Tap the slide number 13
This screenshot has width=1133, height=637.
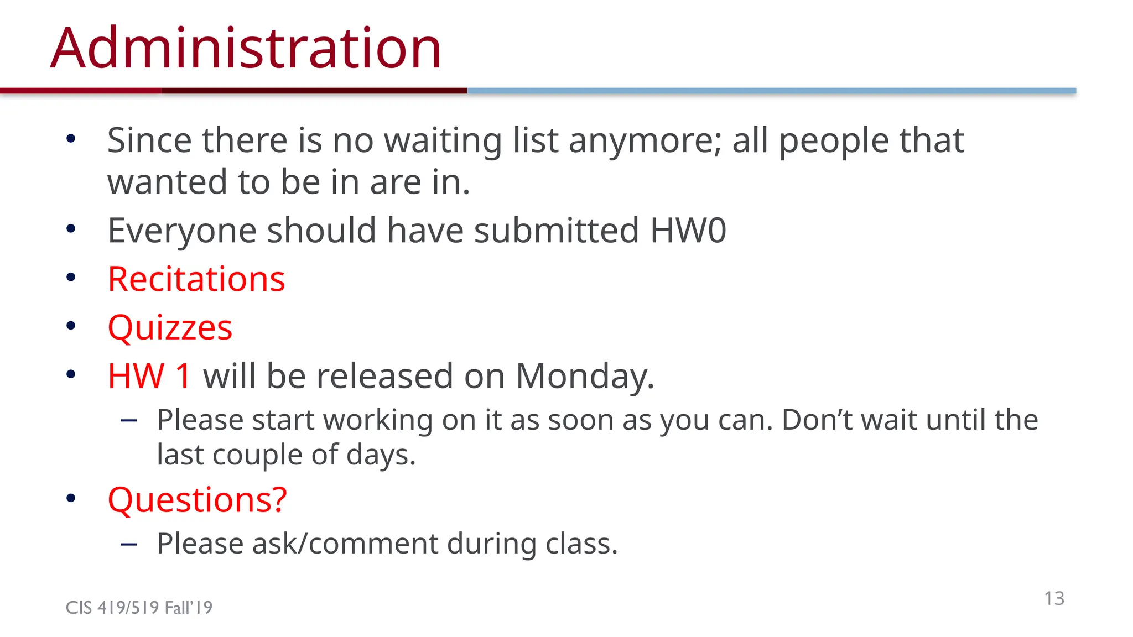pyautogui.click(x=1054, y=598)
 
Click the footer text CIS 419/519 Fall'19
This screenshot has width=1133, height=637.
pyautogui.click(x=139, y=608)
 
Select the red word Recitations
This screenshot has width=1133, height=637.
pyautogui.click(x=196, y=279)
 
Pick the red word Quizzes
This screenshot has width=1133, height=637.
pyautogui.click(x=170, y=328)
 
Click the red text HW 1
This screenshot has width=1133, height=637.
pyautogui.click(x=149, y=376)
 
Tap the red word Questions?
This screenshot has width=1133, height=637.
pyautogui.click(x=198, y=500)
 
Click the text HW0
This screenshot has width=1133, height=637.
pyautogui.click(x=688, y=231)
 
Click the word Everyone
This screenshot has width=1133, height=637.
pyautogui.click(x=182, y=231)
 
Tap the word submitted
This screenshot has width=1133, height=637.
pyautogui.click(x=557, y=231)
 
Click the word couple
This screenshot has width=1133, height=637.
pyautogui.click(x=257, y=455)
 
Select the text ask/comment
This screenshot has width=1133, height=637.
pyautogui.click(x=345, y=544)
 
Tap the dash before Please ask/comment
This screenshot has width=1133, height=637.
pyautogui.click(x=129, y=545)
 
